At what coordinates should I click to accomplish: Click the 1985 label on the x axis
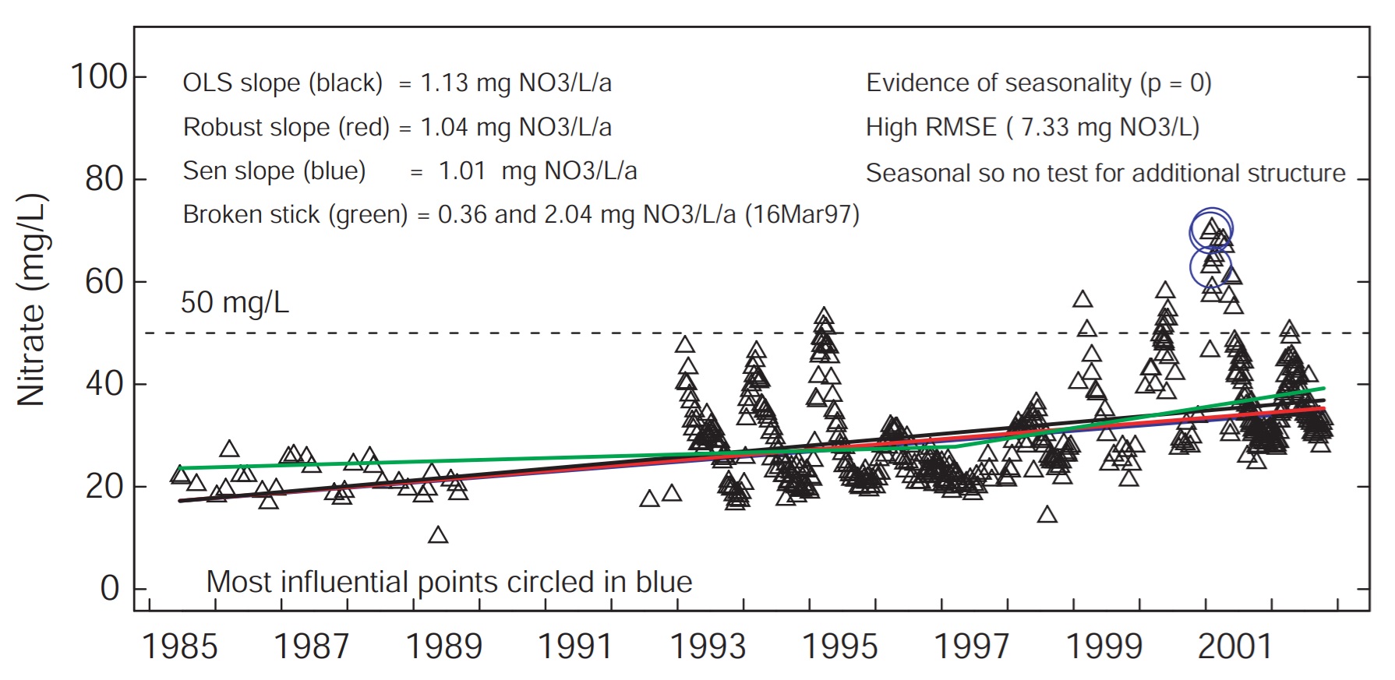[x=179, y=647]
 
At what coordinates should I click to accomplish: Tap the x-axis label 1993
[x=708, y=647]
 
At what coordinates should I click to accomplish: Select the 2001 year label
[x=1235, y=647]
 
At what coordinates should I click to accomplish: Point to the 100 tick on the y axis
[x=98, y=77]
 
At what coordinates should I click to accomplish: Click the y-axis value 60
[x=105, y=282]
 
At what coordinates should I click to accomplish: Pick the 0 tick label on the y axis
[x=110, y=589]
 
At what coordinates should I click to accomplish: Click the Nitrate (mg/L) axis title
[x=32, y=300]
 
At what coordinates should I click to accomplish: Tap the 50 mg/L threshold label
[x=235, y=303]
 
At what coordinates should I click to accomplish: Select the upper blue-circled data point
[x=1211, y=230]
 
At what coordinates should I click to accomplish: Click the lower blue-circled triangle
[x=1211, y=265]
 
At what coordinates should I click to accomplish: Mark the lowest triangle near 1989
[x=438, y=535]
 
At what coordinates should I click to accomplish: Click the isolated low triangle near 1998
[x=1047, y=515]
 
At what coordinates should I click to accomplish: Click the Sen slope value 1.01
[x=462, y=171]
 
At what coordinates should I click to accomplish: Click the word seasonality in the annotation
[x=1065, y=83]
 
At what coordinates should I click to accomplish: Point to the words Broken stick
[x=251, y=215]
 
